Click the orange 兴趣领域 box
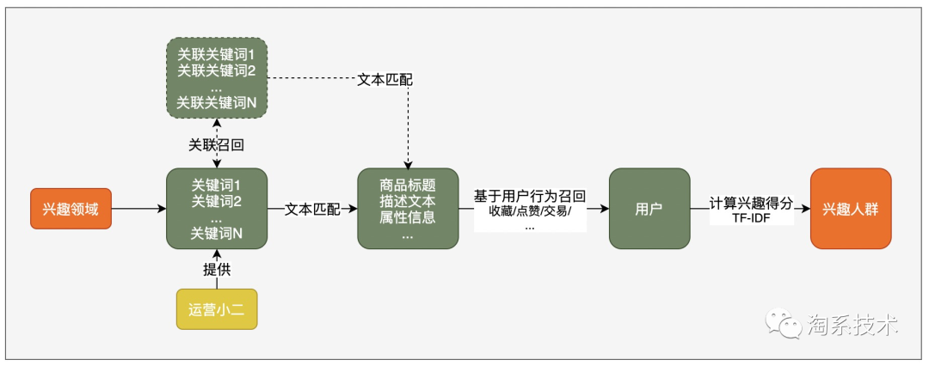click(x=71, y=209)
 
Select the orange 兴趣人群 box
click(x=851, y=209)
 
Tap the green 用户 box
click(x=649, y=209)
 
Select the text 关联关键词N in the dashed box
click(x=217, y=102)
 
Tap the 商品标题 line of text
click(x=408, y=185)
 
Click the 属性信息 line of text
click(x=408, y=217)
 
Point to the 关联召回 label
click(x=217, y=145)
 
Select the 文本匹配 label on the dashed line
click(x=385, y=80)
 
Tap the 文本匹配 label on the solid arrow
click(x=312, y=209)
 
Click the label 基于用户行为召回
click(x=530, y=196)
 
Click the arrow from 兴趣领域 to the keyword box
click(x=138, y=209)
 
